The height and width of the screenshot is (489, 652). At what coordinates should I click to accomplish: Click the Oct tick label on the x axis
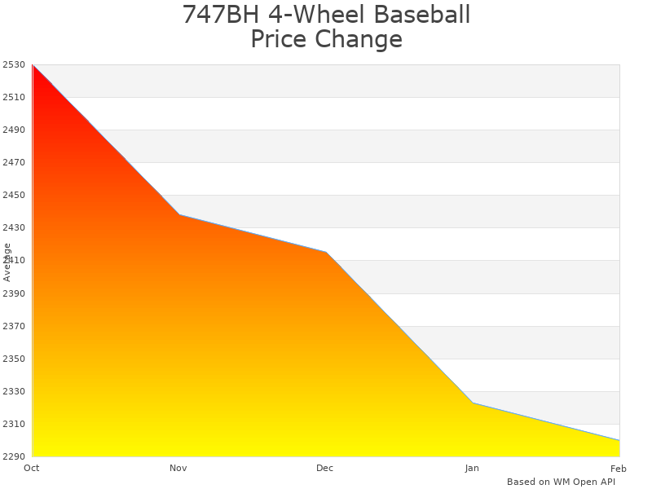click(32, 468)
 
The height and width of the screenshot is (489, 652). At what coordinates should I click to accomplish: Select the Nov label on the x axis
click(178, 468)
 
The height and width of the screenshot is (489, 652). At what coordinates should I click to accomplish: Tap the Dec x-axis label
click(325, 468)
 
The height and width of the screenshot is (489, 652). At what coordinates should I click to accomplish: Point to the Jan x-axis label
click(472, 468)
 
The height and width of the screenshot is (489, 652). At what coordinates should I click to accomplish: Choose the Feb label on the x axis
click(619, 468)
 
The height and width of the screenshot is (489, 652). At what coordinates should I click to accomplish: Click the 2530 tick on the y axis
click(14, 64)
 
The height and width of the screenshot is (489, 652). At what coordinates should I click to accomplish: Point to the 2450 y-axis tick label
click(14, 195)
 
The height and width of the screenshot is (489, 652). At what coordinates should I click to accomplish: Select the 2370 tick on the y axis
click(14, 326)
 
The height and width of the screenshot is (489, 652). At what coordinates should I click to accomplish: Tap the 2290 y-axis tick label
click(14, 456)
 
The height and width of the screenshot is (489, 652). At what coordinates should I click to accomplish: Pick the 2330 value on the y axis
click(14, 391)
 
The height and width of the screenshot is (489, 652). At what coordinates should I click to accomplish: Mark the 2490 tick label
click(14, 130)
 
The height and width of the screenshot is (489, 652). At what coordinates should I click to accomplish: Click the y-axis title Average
click(7, 262)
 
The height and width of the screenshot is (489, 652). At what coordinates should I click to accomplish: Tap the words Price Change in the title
click(326, 39)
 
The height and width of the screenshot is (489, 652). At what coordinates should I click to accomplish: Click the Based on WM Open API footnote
click(561, 482)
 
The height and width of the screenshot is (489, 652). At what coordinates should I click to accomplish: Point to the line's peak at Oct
click(33, 64)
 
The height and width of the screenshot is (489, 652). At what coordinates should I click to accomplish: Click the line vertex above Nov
click(179, 214)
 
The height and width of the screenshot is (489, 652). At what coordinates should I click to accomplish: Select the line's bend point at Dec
click(326, 252)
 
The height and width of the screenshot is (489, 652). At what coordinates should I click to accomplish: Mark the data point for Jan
click(473, 403)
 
